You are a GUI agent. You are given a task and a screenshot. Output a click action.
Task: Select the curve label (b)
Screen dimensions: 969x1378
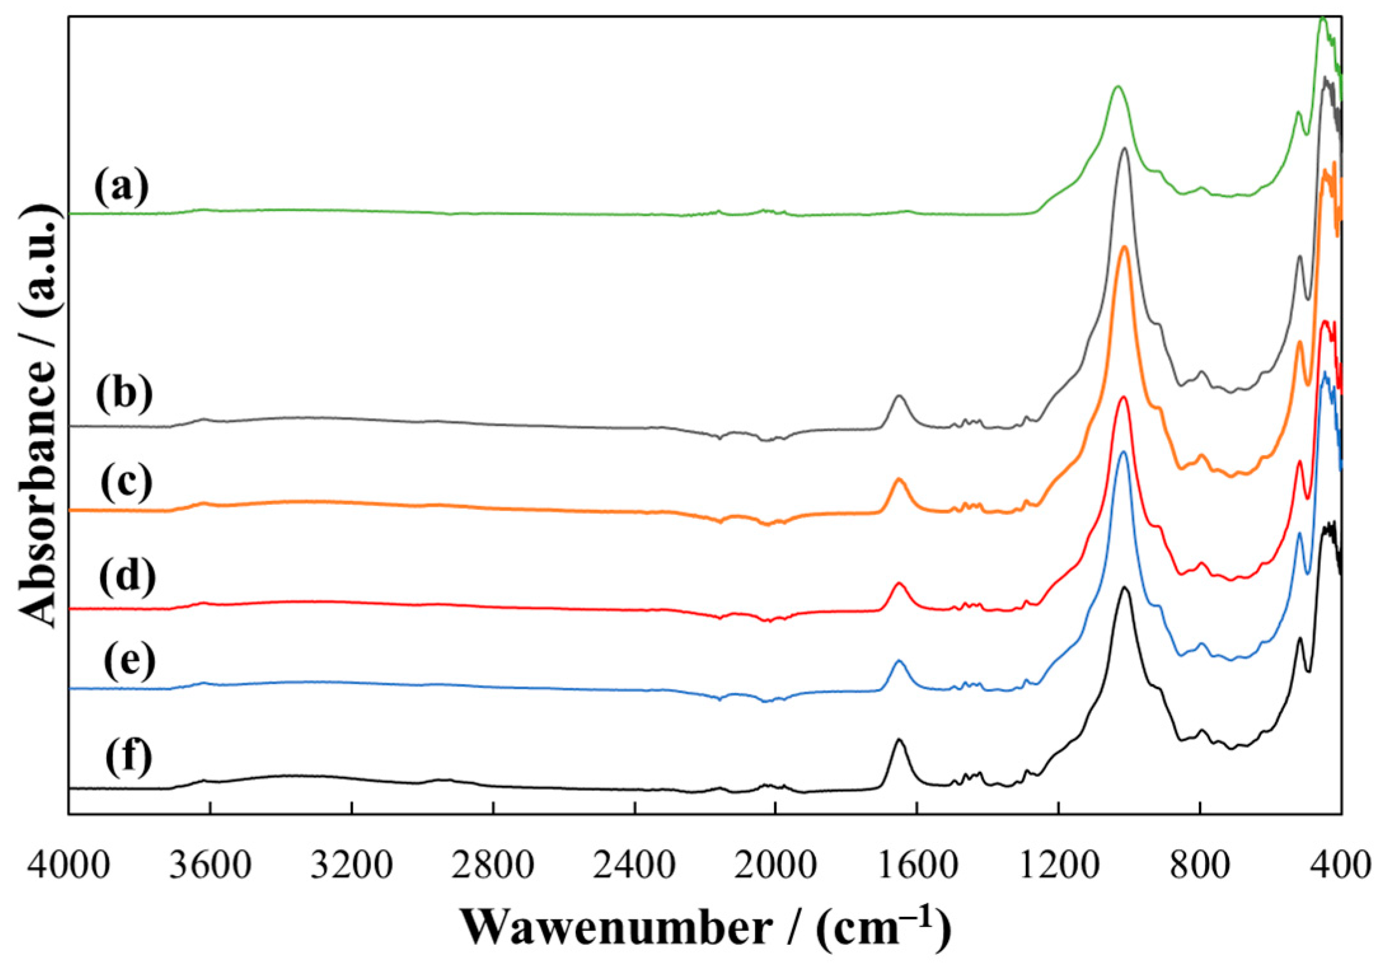[x=125, y=394]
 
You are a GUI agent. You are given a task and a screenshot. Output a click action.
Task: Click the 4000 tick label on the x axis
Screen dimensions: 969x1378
[x=68, y=867]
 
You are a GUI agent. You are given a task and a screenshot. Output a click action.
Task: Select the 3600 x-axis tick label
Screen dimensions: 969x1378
[x=210, y=867]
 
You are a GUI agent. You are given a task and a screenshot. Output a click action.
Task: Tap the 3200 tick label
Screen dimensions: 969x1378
[x=351, y=867]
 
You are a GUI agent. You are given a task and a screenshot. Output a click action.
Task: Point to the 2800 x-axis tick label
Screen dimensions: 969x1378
[x=493, y=867]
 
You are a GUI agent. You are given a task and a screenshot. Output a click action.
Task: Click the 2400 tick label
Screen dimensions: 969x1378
[x=634, y=867]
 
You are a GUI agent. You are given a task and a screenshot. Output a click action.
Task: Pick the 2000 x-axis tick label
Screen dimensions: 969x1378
[x=775, y=867]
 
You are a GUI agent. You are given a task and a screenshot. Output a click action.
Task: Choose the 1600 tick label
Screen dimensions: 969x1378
[x=917, y=867]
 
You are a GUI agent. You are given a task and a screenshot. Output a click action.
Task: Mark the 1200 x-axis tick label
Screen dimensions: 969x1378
[x=1058, y=867]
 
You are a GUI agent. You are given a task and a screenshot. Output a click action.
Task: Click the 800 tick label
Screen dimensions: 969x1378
[x=1199, y=867]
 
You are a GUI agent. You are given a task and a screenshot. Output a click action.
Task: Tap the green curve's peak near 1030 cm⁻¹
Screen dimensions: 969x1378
[x=1117, y=87]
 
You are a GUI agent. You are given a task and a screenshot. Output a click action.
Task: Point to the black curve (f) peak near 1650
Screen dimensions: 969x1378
[x=899, y=739]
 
